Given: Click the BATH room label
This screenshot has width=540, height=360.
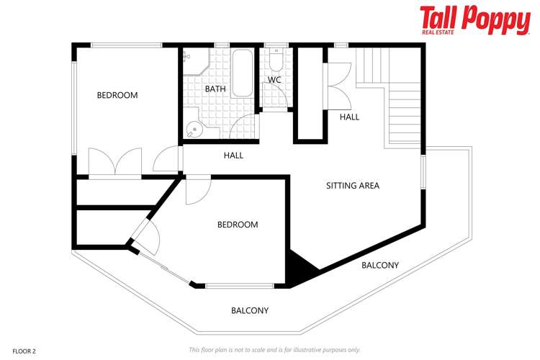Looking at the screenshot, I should [215, 89].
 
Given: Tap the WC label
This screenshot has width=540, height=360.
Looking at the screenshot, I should [274, 80].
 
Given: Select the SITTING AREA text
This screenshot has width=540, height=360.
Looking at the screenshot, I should [352, 186].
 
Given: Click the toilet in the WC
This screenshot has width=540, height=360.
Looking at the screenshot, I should [275, 58].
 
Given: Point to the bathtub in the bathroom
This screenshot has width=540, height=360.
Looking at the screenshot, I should [241, 73].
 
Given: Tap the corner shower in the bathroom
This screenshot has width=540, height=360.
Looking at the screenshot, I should [194, 63].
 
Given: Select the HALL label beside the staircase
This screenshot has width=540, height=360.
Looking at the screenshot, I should [350, 117].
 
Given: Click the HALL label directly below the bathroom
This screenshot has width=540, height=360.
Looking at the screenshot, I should [233, 156].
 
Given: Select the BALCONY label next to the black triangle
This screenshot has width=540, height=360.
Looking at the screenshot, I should [379, 266].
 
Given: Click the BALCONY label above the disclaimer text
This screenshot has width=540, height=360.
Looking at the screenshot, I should [250, 311].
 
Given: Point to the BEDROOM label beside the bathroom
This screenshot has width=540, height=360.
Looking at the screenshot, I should [117, 95].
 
